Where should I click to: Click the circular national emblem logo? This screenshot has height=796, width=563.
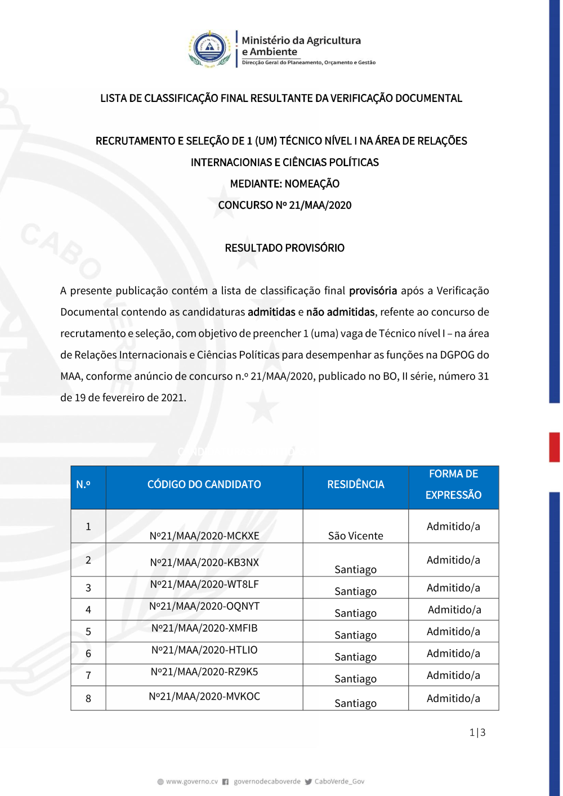tap(209, 48)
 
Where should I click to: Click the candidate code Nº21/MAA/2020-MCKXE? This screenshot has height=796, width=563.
tap(204, 536)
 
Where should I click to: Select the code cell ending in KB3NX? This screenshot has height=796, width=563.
tap(204, 562)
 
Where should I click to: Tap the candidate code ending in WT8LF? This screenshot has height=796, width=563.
tap(204, 584)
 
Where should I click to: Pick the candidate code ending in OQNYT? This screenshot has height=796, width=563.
tap(204, 606)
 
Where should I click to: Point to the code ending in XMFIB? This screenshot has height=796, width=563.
tap(204, 628)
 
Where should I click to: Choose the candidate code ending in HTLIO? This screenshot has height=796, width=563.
tap(204, 650)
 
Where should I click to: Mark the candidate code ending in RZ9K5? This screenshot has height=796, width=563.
tap(204, 672)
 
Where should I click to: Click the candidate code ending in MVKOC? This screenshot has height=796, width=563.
tap(204, 697)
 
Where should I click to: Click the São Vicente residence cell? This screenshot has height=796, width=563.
tap(355, 536)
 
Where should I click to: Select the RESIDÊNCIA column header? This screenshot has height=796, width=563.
tap(355, 485)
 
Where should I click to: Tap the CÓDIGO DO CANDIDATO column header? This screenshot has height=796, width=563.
tap(204, 485)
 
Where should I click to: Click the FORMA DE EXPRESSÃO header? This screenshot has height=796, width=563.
tap(453, 485)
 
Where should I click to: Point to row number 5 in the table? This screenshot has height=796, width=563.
tap(88, 632)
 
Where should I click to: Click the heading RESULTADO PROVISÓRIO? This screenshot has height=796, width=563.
tap(284, 248)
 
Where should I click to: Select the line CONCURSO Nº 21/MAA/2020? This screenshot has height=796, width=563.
tap(284, 205)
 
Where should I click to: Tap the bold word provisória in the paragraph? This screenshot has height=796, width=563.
tap(373, 291)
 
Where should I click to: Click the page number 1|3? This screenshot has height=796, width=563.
tap(477, 732)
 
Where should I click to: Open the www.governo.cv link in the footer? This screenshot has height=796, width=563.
tap(191, 781)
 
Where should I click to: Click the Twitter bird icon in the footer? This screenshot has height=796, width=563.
tap(308, 781)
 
